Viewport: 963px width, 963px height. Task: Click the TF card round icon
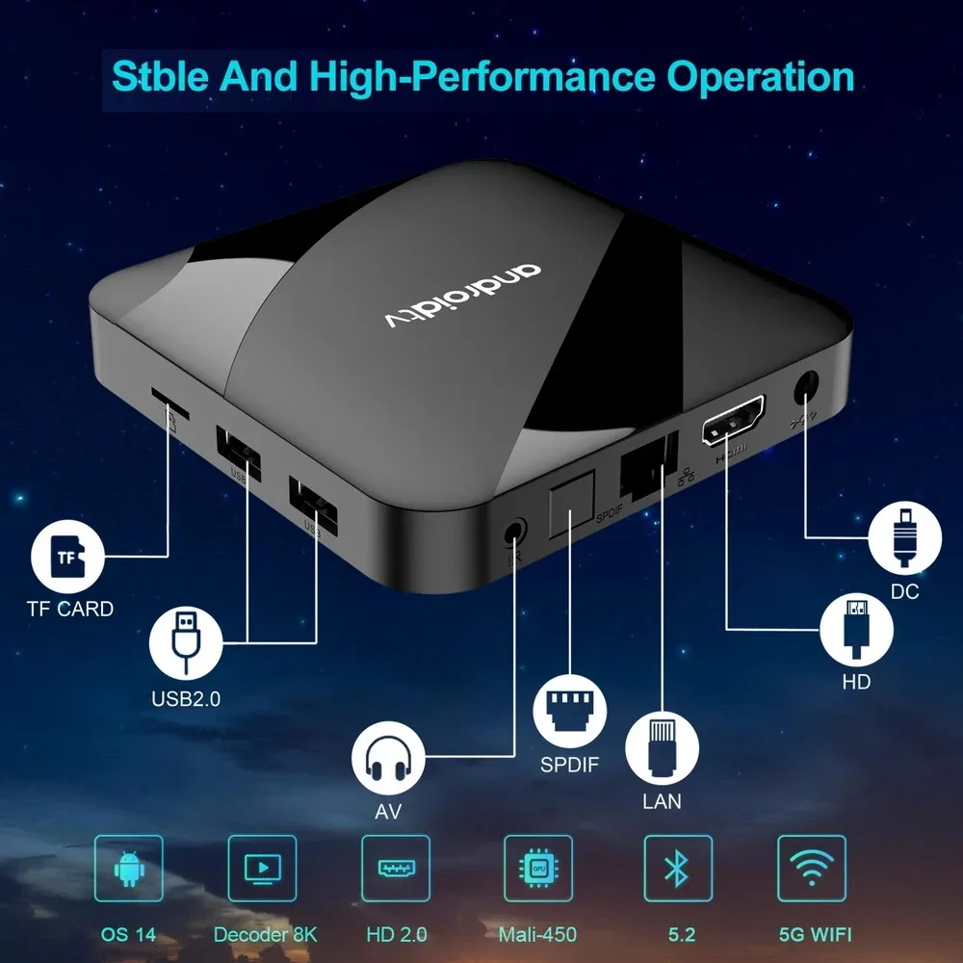coord(66,557)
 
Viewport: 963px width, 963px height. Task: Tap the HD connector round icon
coord(855,628)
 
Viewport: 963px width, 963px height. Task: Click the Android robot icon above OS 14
coord(128,869)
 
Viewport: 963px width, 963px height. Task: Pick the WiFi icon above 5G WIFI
coord(811,869)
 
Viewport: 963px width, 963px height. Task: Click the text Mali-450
coord(537,934)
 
